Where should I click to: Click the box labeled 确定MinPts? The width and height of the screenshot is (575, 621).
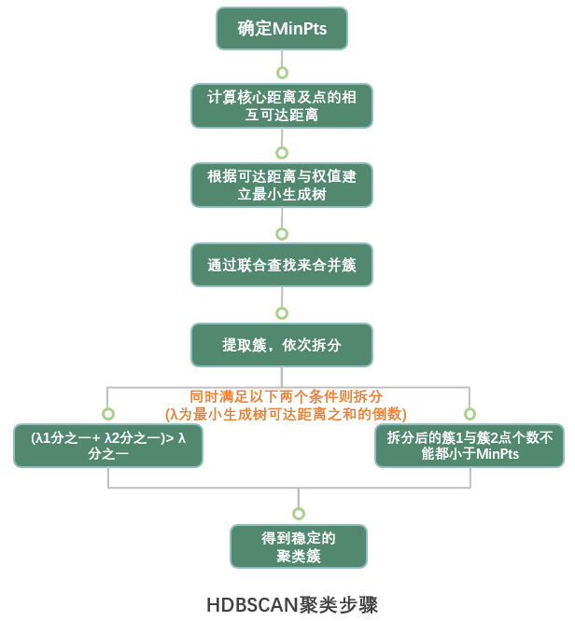tap(281, 29)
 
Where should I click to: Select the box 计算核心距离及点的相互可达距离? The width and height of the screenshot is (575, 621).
tap(281, 106)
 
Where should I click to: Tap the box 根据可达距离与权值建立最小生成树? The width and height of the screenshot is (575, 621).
tap(281, 186)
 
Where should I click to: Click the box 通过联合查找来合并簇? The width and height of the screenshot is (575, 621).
tap(281, 265)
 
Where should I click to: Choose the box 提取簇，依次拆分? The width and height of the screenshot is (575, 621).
tap(281, 344)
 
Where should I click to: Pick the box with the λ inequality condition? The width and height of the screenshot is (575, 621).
tap(108, 446)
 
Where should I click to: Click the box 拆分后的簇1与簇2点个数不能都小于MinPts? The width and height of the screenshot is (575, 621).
tap(469, 446)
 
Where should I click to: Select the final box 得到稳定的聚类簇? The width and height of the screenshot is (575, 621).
tap(299, 546)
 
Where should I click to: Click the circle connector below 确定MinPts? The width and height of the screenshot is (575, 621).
tap(281, 71)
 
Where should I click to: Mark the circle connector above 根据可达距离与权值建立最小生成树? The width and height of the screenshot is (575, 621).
tap(281, 151)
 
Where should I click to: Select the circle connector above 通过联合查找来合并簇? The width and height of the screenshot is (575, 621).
tap(281, 231)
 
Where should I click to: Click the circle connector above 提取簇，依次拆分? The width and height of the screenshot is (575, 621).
tap(281, 312)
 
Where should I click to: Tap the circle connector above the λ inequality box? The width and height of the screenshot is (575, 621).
tap(108, 413)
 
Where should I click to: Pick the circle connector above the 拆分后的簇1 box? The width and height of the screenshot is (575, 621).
tap(469, 413)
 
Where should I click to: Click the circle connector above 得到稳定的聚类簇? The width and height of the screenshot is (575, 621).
tap(299, 513)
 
